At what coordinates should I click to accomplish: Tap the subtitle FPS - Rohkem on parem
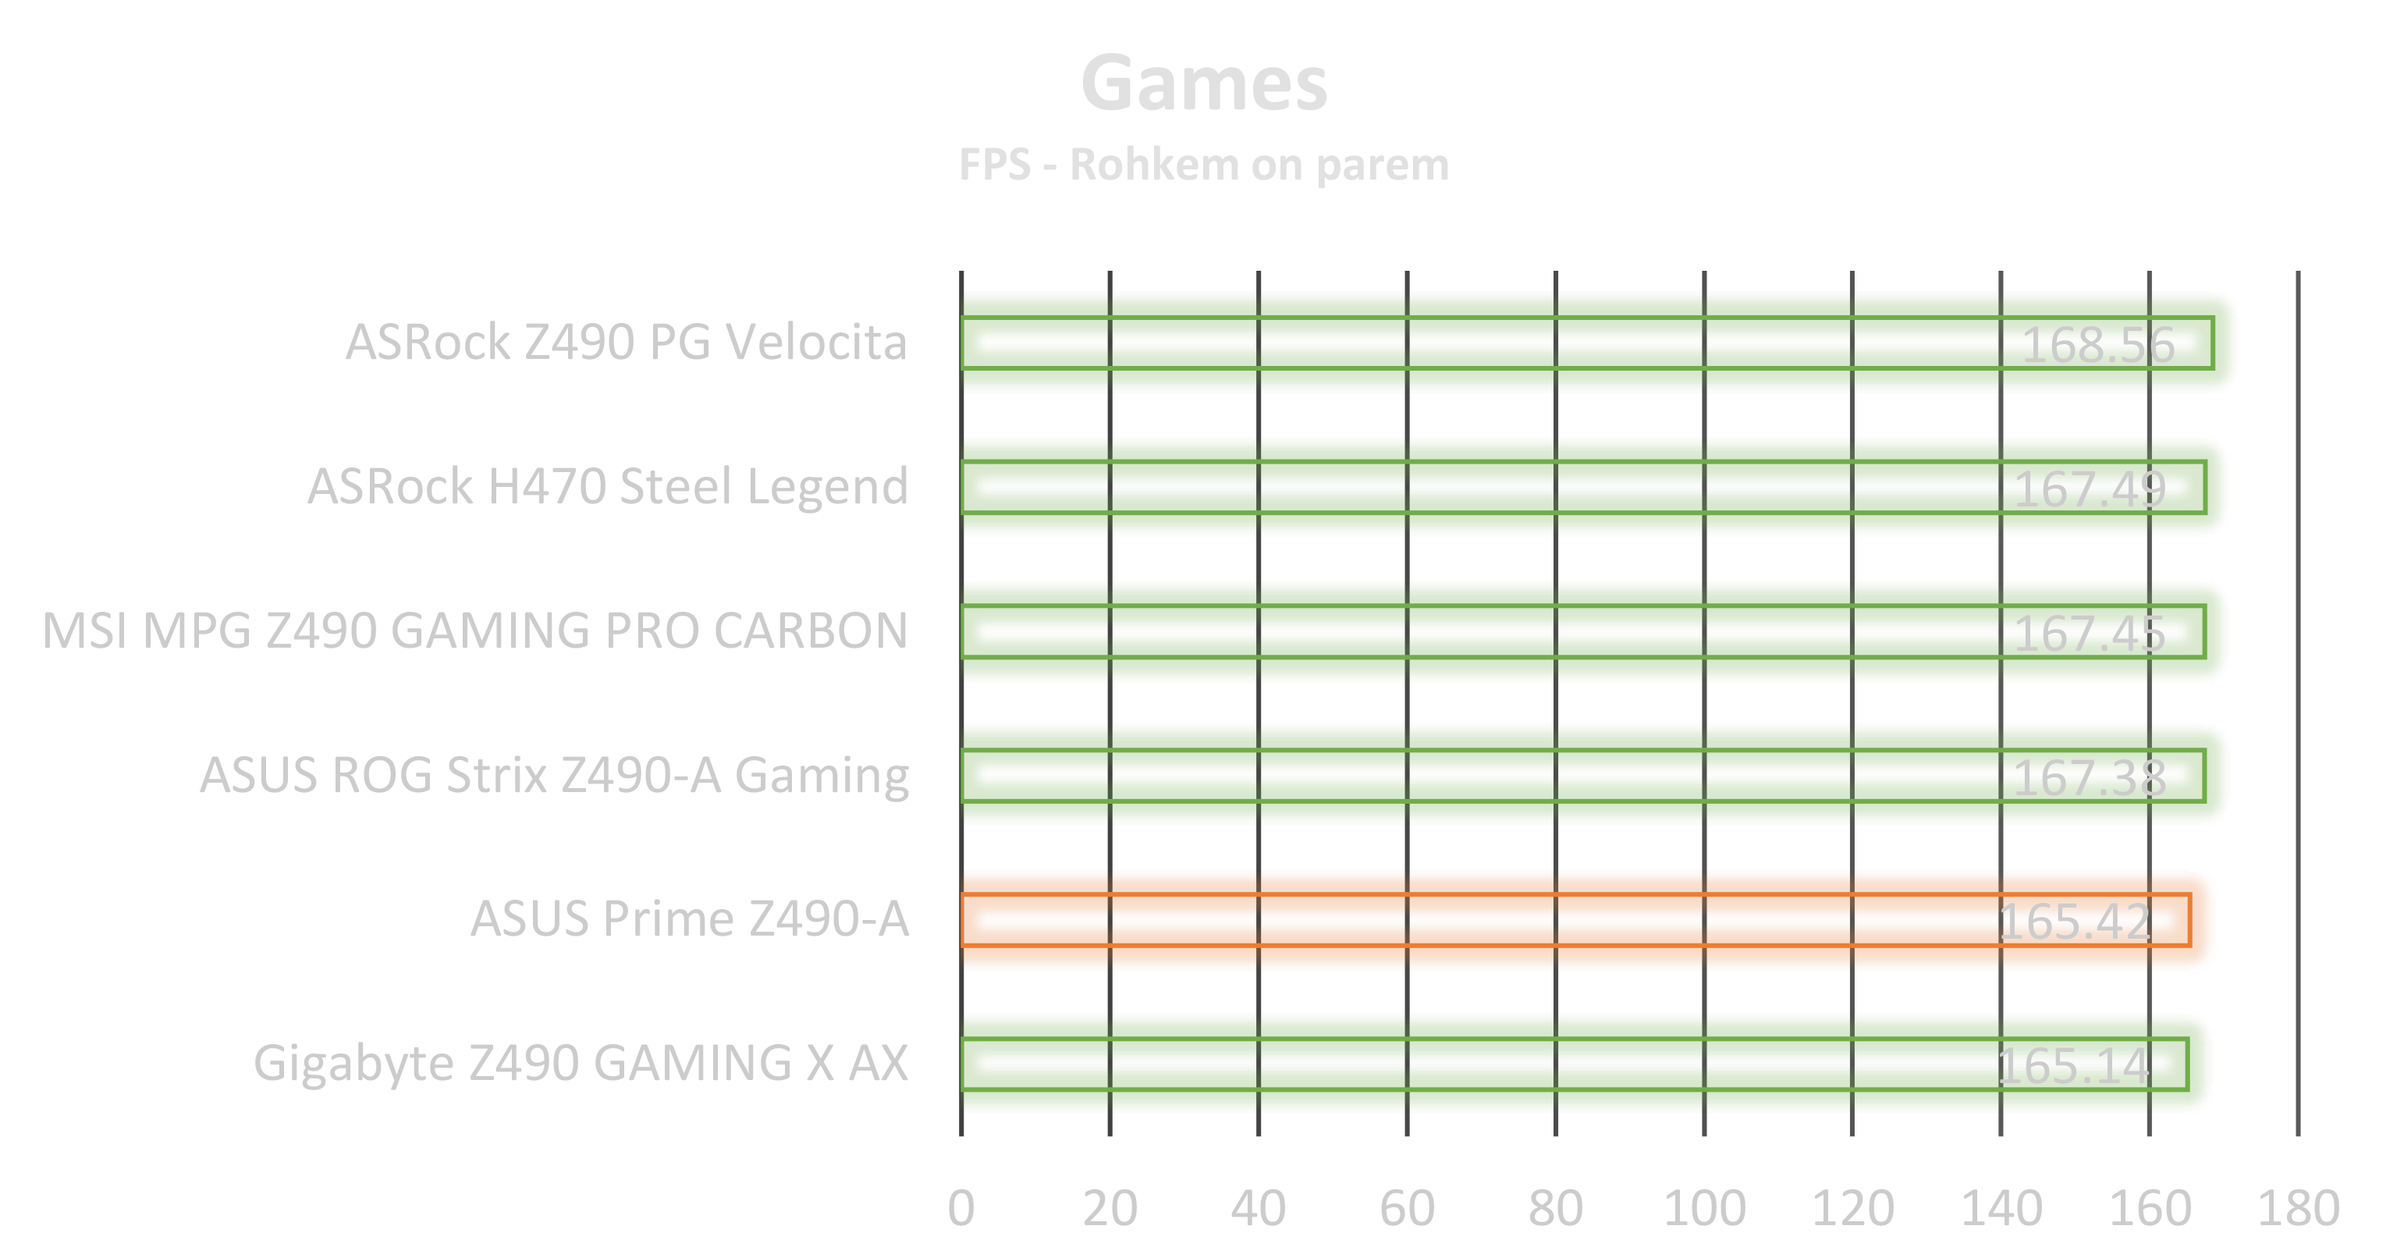coord(1204,165)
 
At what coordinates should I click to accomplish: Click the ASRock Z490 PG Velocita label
coord(627,342)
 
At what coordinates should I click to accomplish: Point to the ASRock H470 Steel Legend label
coord(608,485)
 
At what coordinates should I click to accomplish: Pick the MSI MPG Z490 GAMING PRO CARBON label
coord(477,630)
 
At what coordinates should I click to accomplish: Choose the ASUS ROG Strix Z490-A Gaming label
coord(555,775)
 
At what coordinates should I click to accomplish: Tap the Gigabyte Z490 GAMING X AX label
coord(581,1064)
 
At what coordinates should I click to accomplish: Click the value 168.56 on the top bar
coord(2097,345)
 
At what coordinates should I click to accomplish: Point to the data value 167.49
coord(2089,489)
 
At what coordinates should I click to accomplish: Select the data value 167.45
coord(2089,634)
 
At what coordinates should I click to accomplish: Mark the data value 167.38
coord(2089,778)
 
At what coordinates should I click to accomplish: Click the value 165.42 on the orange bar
coord(2074,922)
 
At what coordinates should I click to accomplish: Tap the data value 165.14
coord(2073,1066)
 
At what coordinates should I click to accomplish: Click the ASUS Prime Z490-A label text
coord(690,919)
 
